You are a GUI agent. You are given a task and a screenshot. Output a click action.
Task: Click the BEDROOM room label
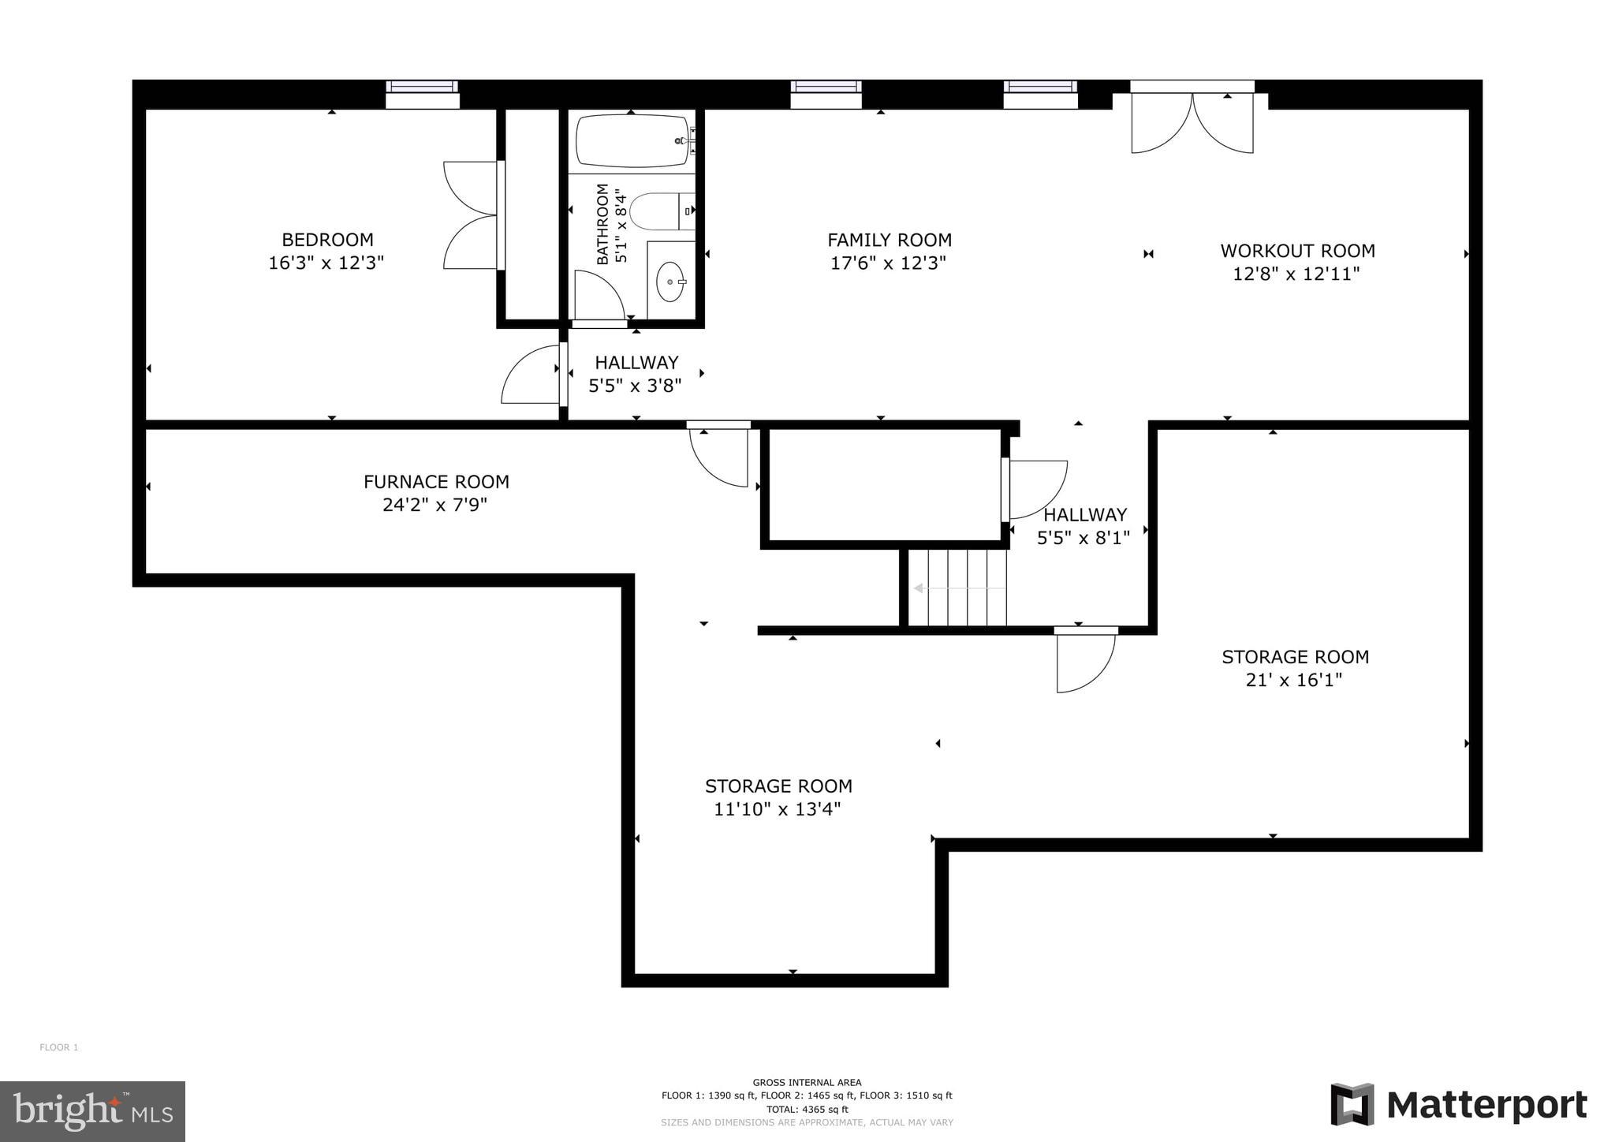pyautogui.click(x=327, y=240)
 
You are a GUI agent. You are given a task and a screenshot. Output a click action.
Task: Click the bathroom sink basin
pyautogui.click(x=670, y=282)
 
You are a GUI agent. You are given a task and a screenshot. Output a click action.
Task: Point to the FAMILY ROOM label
pyautogui.click(x=889, y=240)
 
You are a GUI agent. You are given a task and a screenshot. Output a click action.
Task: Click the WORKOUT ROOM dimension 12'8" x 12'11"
pyautogui.click(x=1296, y=274)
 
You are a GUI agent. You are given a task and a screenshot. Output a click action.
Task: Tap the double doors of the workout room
pyautogui.click(x=1192, y=122)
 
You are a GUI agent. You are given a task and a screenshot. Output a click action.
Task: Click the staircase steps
pyautogui.click(x=957, y=588)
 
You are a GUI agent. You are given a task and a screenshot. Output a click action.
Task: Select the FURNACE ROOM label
pyautogui.click(x=436, y=481)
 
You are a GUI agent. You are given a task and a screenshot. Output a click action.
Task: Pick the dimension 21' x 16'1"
pyautogui.click(x=1293, y=680)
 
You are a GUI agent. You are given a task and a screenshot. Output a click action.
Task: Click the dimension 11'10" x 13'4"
pyautogui.click(x=778, y=809)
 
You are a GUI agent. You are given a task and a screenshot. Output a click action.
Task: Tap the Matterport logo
pyautogui.click(x=1459, y=1105)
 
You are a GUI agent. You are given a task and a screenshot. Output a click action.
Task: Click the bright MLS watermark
pyautogui.click(x=92, y=1111)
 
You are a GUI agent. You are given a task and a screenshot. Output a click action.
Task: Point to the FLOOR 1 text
pyautogui.click(x=59, y=1047)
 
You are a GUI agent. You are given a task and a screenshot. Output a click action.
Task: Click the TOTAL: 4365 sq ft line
pyautogui.click(x=807, y=1109)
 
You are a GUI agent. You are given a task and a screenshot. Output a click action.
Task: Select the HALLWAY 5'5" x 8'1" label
pyautogui.click(x=1084, y=526)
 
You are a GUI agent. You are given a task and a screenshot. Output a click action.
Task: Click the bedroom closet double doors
pyautogui.click(x=471, y=215)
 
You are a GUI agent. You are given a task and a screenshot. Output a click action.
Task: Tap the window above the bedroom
pyautogui.click(x=422, y=94)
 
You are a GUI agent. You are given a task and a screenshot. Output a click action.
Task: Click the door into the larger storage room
pyautogui.click(x=1085, y=659)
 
